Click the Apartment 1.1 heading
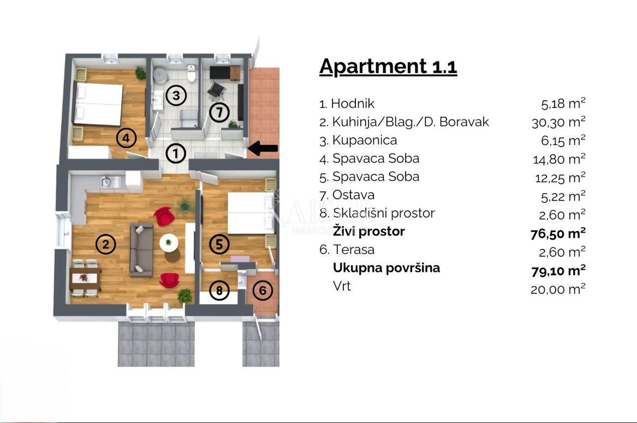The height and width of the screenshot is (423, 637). coord(388,67)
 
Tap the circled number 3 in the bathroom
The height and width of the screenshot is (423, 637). coord(176,96)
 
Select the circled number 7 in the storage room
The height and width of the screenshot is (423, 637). coord(219,113)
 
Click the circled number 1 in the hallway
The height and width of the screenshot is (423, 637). coord(175,153)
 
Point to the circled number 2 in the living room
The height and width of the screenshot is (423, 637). coord(106,245)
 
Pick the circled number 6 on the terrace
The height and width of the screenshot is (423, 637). coord(263,291)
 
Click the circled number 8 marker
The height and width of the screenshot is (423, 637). coord(219,291)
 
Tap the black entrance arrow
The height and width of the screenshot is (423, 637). coord(264,148)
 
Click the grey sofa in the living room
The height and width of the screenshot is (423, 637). coord(141,249)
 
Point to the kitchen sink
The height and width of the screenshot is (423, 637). coord(106,182)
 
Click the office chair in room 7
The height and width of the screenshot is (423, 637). coord(216,88)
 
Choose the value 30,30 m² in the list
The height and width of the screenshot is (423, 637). coord(558,122)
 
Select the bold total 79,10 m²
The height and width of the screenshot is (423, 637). coord(558,269)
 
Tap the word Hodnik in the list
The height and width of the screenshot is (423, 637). coord(353,104)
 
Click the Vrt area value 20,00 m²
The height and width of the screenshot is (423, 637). coord(558,289)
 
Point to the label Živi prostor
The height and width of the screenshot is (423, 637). coord(369,231)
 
